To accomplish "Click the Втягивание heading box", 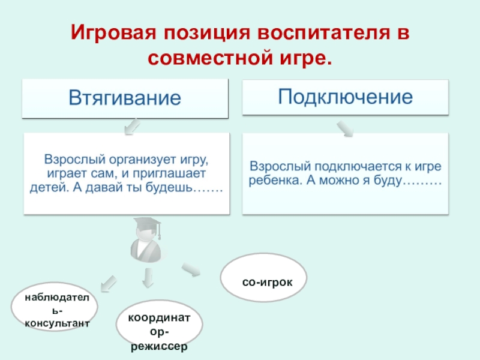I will [x=125, y=98].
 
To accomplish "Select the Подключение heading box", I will [x=345, y=96].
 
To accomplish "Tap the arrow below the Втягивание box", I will [x=131, y=126].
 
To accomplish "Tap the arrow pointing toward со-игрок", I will [x=191, y=271].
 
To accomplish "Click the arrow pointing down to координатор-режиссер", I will [x=148, y=277].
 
